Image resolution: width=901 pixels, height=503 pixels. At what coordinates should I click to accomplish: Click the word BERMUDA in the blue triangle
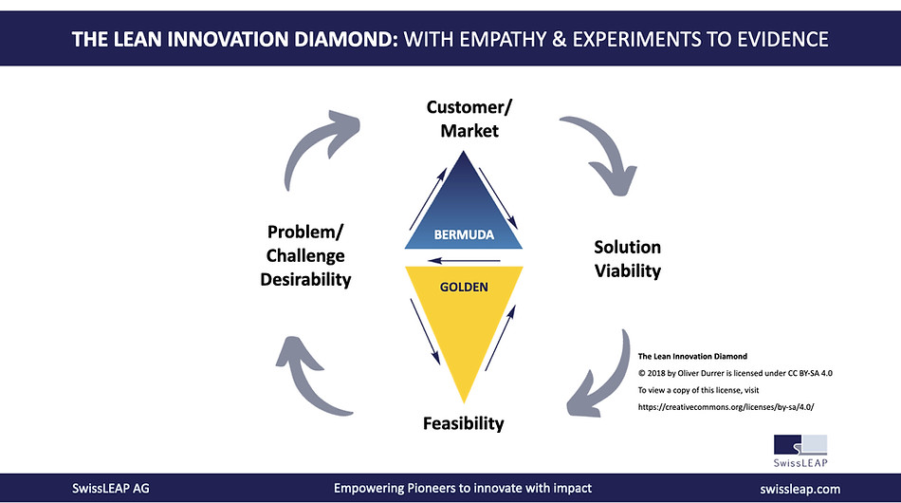[465, 234]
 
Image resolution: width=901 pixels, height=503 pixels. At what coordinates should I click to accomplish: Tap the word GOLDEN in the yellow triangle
[464, 286]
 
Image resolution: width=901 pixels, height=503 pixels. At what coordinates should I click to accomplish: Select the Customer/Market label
[463, 119]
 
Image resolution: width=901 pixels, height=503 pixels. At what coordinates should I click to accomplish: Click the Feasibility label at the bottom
[464, 422]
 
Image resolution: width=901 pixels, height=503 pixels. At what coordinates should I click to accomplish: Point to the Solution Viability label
[628, 259]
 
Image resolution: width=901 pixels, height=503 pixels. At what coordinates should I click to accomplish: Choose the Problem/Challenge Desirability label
[306, 255]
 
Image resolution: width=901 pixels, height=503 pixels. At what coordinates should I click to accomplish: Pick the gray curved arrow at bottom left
[312, 370]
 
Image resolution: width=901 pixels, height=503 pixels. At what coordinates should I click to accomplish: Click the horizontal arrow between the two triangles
[464, 259]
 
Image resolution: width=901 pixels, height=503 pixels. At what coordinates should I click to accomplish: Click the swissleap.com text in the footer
[800, 489]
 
